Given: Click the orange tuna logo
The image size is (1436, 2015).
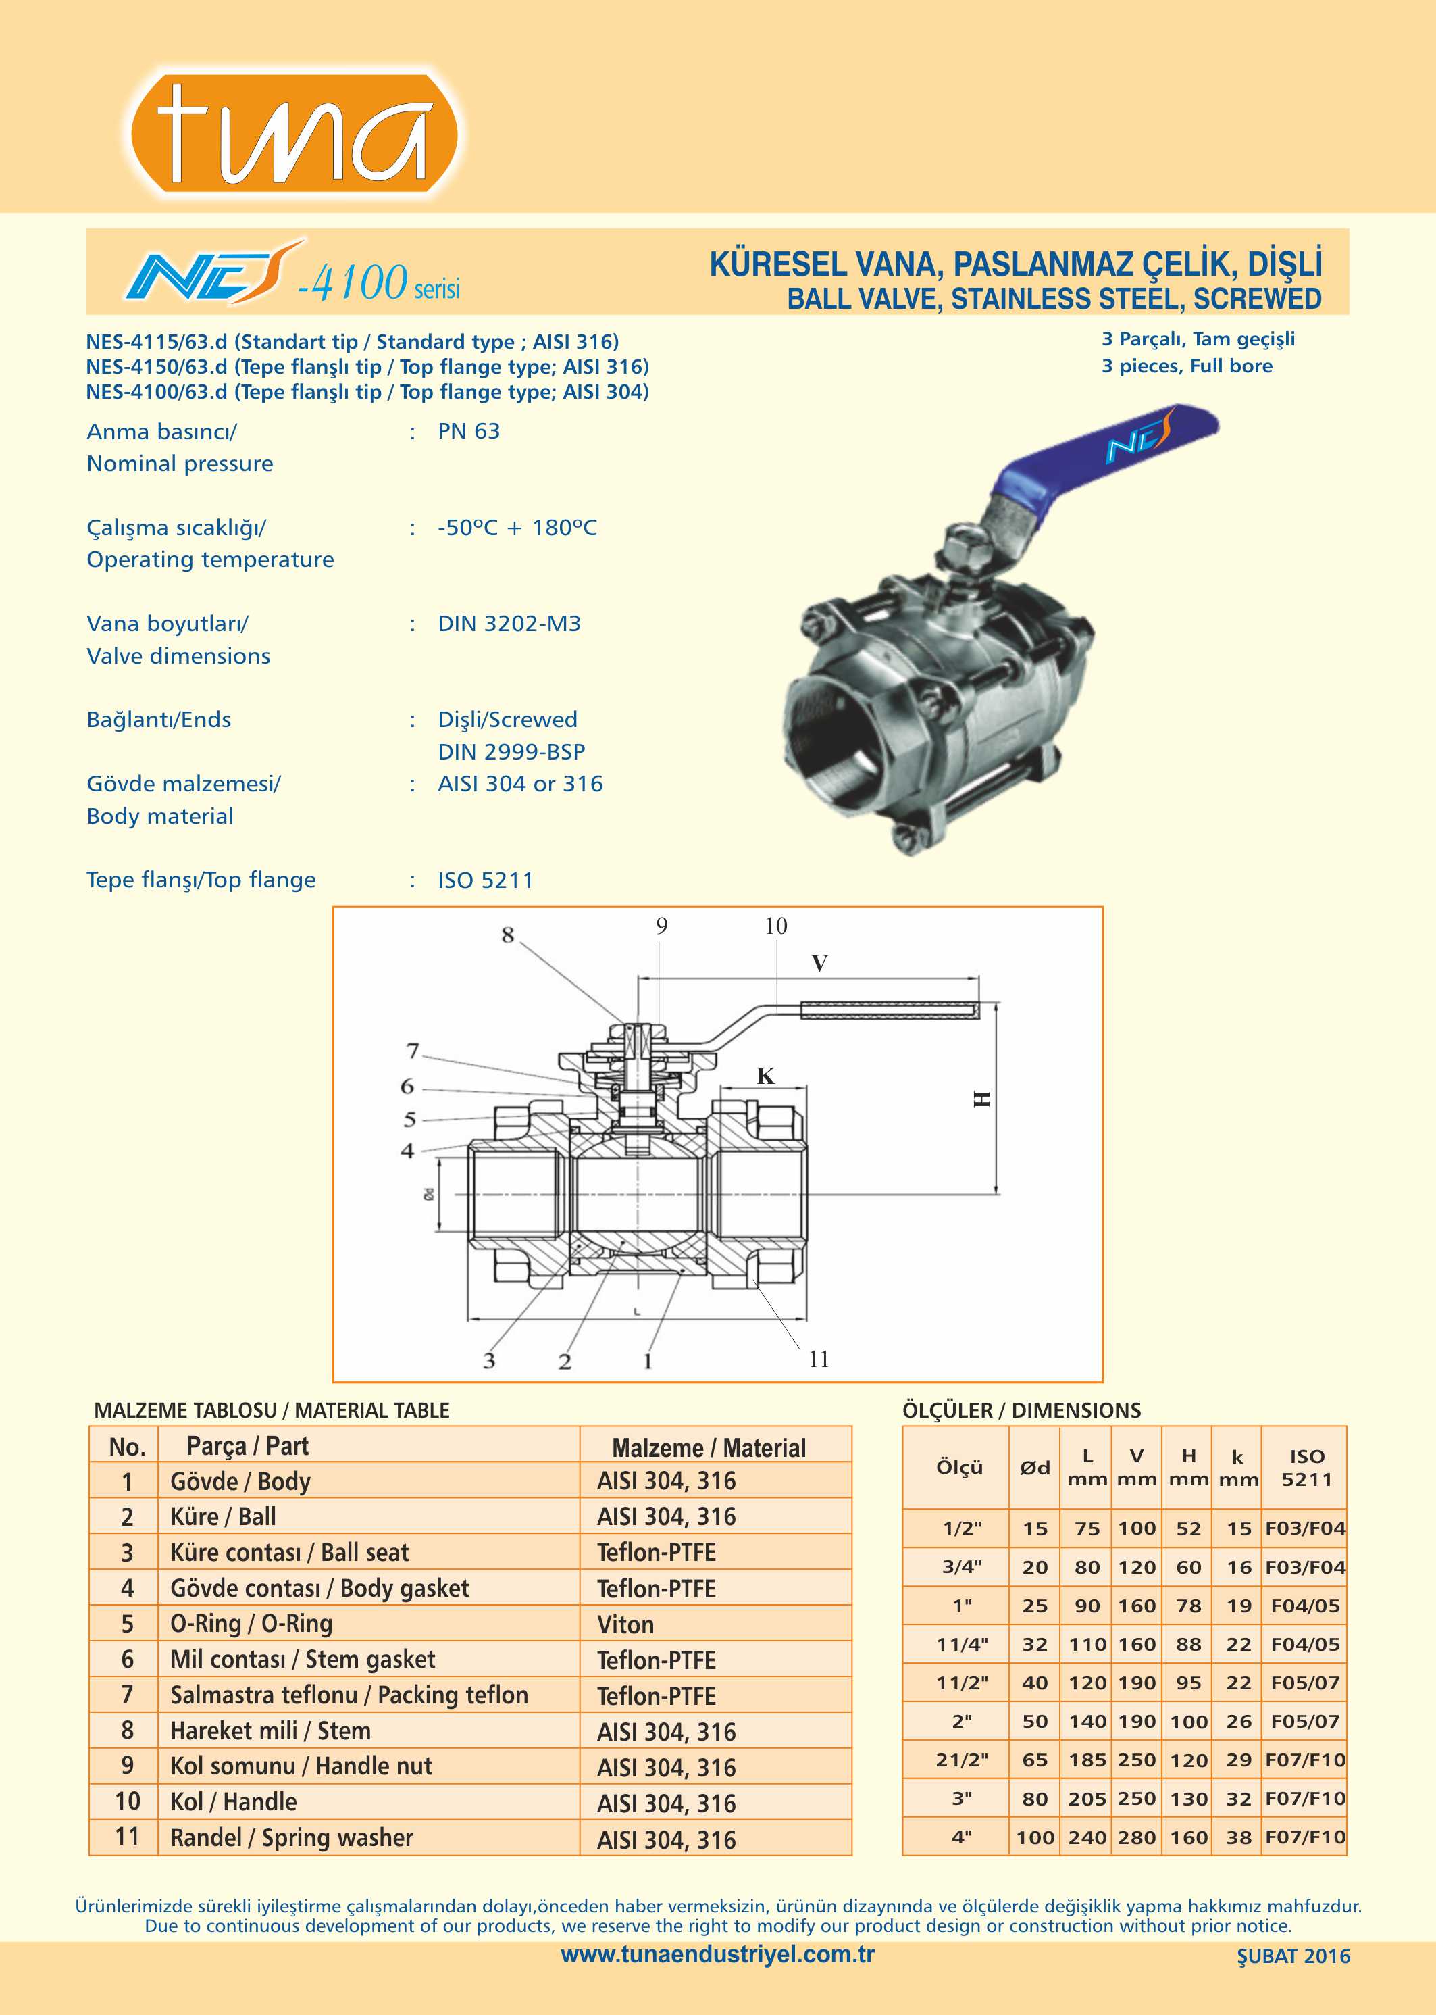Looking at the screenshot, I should (x=294, y=132).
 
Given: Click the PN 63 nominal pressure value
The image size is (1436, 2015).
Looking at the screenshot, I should (x=469, y=432).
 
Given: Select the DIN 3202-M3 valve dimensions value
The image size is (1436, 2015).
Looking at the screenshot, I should (x=509, y=624).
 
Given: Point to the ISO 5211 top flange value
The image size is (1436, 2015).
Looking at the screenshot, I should (x=486, y=880).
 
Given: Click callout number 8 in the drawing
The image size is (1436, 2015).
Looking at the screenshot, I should (x=507, y=935).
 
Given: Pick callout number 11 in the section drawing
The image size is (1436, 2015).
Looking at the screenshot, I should (x=819, y=1359).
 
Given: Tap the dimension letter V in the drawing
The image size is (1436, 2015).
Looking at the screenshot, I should (x=820, y=964).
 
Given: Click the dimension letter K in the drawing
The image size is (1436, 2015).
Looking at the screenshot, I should (x=765, y=1076).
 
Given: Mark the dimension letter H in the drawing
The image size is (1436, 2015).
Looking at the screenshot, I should (x=982, y=1099).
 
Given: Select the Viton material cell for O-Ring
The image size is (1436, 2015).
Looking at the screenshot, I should (x=625, y=1625).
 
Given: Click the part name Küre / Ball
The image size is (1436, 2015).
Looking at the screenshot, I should (x=224, y=1517).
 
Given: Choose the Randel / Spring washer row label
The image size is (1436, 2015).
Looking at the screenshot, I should (x=292, y=1837).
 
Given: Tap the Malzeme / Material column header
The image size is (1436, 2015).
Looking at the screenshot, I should (x=709, y=1448).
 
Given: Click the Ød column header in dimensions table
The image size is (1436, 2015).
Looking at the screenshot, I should (x=1035, y=1468).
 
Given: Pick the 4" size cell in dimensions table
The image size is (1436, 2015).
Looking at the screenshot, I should (x=961, y=1837).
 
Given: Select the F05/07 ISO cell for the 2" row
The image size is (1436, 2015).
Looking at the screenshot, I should (x=1305, y=1721).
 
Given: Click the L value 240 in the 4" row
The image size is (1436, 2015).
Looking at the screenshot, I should (x=1087, y=1837).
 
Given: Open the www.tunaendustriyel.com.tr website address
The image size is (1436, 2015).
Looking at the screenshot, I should (x=717, y=1955).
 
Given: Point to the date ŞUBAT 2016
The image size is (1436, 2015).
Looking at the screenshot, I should (x=1293, y=1957).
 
